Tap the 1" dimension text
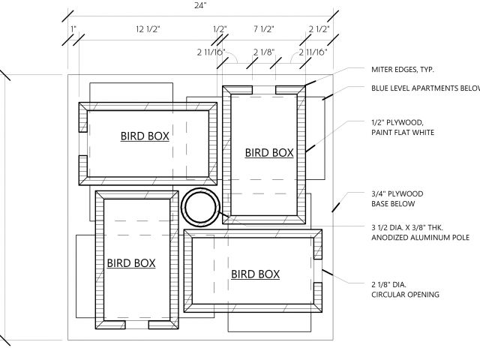coord(72,29)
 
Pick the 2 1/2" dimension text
coord(319,29)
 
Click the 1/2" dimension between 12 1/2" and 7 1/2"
coord(219,29)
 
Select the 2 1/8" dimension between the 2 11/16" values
coord(263,52)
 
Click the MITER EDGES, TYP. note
coord(403,69)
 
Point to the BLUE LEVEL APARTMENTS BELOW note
coord(424,88)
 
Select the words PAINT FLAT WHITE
coord(403,133)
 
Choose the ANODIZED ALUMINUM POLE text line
coord(420,238)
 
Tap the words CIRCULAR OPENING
coord(405,295)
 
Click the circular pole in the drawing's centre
coord(200,206)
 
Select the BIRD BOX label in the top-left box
coord(145,136)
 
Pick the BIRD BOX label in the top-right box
coord(269,152)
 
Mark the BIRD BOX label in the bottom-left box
coord(131,262)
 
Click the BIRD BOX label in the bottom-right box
coord(255,274)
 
